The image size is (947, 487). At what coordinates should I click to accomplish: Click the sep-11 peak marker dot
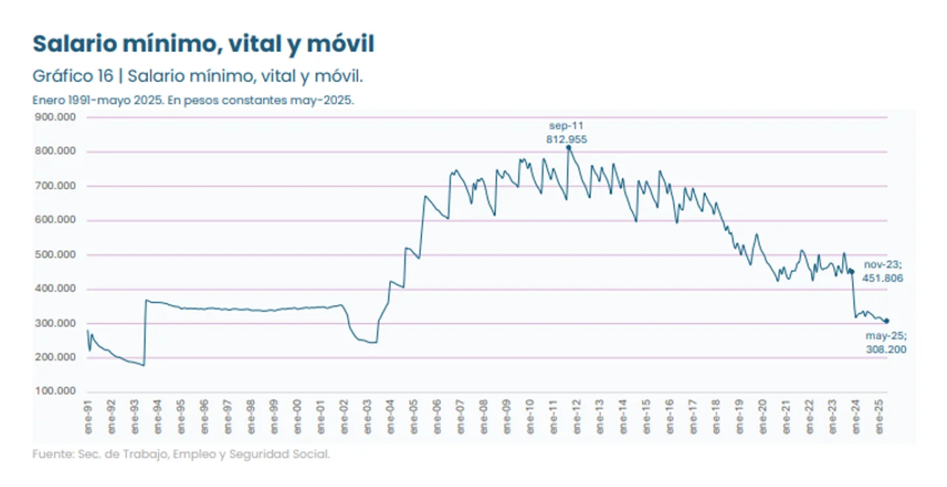point(568,148)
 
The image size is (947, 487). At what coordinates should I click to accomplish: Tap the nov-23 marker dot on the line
point(852,271)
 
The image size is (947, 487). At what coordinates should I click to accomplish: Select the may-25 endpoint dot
point(886,321)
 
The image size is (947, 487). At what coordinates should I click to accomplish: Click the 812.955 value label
point(567,138)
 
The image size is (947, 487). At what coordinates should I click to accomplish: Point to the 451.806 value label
point(883,279)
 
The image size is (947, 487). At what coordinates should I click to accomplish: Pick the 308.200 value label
point(886,350)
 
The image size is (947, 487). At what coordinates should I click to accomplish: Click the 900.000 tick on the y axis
point(56,118)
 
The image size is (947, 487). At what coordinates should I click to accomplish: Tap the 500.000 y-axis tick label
point(56,255)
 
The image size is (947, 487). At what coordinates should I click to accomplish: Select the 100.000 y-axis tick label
point(56,392)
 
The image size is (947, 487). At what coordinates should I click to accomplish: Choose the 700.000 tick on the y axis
point(56,186)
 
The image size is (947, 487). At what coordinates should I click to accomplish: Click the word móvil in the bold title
point(337,44)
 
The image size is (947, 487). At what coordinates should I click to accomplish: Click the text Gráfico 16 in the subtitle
point(73,76)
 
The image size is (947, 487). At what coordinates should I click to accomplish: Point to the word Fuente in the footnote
point(52,454)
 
